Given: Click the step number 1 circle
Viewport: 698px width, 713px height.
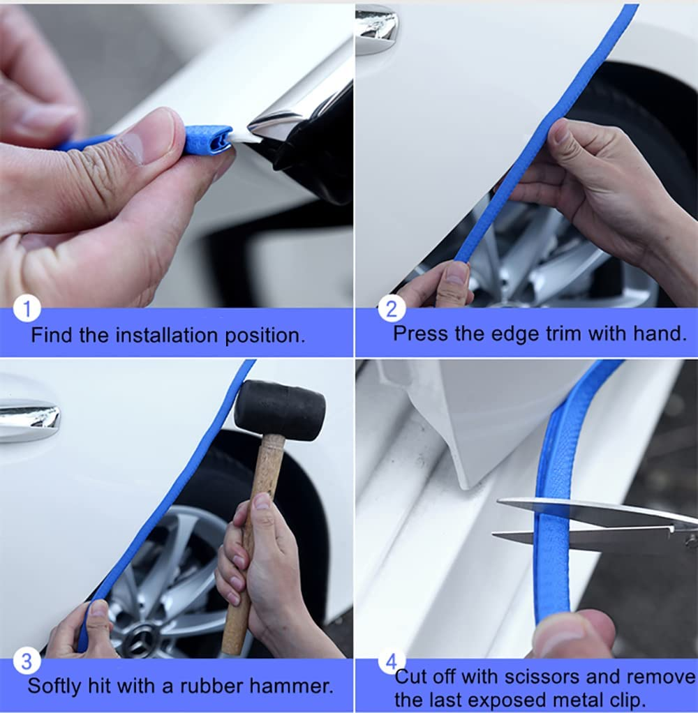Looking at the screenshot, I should click(27, 308).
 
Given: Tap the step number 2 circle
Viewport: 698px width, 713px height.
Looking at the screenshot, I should click(392, 308).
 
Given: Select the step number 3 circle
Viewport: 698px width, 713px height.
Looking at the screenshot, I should click(27, 660).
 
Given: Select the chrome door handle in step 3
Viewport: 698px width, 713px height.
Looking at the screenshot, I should click(29, 419).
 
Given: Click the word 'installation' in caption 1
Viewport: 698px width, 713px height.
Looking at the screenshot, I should click(167, 335).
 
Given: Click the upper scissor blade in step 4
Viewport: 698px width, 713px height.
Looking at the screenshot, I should click(593, 512).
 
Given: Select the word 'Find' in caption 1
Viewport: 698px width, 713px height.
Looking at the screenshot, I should click(52, 335).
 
